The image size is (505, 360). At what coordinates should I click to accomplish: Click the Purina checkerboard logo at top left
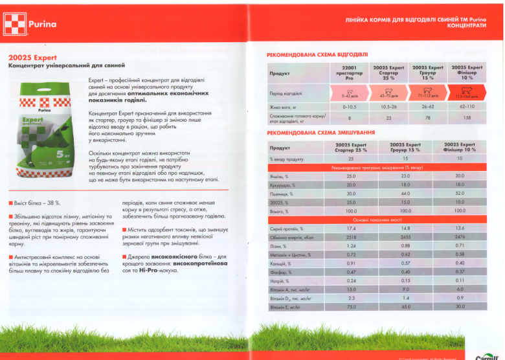tap(15, 23)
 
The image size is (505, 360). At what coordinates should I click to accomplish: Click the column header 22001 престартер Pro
tap(349, 72)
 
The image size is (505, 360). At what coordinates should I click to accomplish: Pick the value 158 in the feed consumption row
tap(467, 118)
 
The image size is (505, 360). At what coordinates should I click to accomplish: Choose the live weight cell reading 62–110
tap(467, 106)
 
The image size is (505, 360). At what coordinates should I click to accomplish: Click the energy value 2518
tap(351, 238)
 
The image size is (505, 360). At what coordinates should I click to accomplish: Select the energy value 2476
tap(460, 238)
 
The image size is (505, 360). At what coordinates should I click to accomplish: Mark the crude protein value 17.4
tap(351, 229)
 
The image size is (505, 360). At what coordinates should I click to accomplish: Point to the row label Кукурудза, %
tap(283, 185)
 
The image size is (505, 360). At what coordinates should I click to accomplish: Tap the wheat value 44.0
tap(405, 194)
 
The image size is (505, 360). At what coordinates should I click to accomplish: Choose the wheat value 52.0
tap(460, 194)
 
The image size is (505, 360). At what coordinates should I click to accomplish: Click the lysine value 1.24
tap(351, 247)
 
